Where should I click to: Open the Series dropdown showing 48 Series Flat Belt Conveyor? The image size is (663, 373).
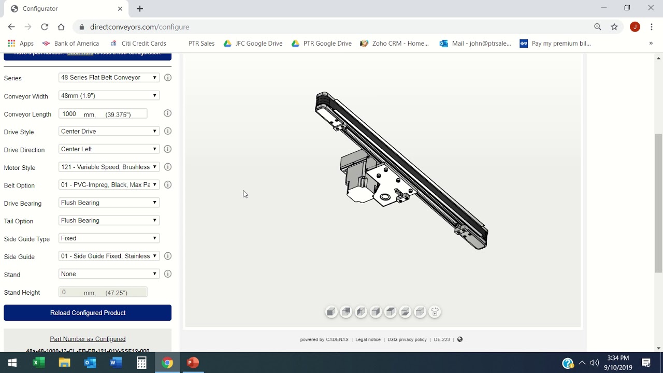click(108, 78)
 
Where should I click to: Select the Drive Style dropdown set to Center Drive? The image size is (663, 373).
click(108, 132)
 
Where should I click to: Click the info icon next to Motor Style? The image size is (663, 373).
click(168, 167)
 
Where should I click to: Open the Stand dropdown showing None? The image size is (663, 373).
click(108, 274)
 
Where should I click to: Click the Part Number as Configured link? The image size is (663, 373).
click(88, 339)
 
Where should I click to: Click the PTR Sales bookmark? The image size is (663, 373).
click(201, 44)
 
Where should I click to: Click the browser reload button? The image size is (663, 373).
click(45, 27)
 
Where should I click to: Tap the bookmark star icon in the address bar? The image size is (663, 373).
click(614, 27)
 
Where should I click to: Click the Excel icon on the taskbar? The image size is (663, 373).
click(39, 363)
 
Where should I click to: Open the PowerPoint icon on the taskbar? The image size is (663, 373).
click(193, 363)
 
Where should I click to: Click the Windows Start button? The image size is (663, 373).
click(12, 363)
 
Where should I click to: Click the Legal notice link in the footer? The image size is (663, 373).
click(368, 340)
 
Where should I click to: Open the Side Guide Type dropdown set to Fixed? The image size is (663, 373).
click(108, 238)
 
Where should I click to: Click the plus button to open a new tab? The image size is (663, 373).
click(140, 9)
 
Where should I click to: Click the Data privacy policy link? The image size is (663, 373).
click(407, 340)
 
